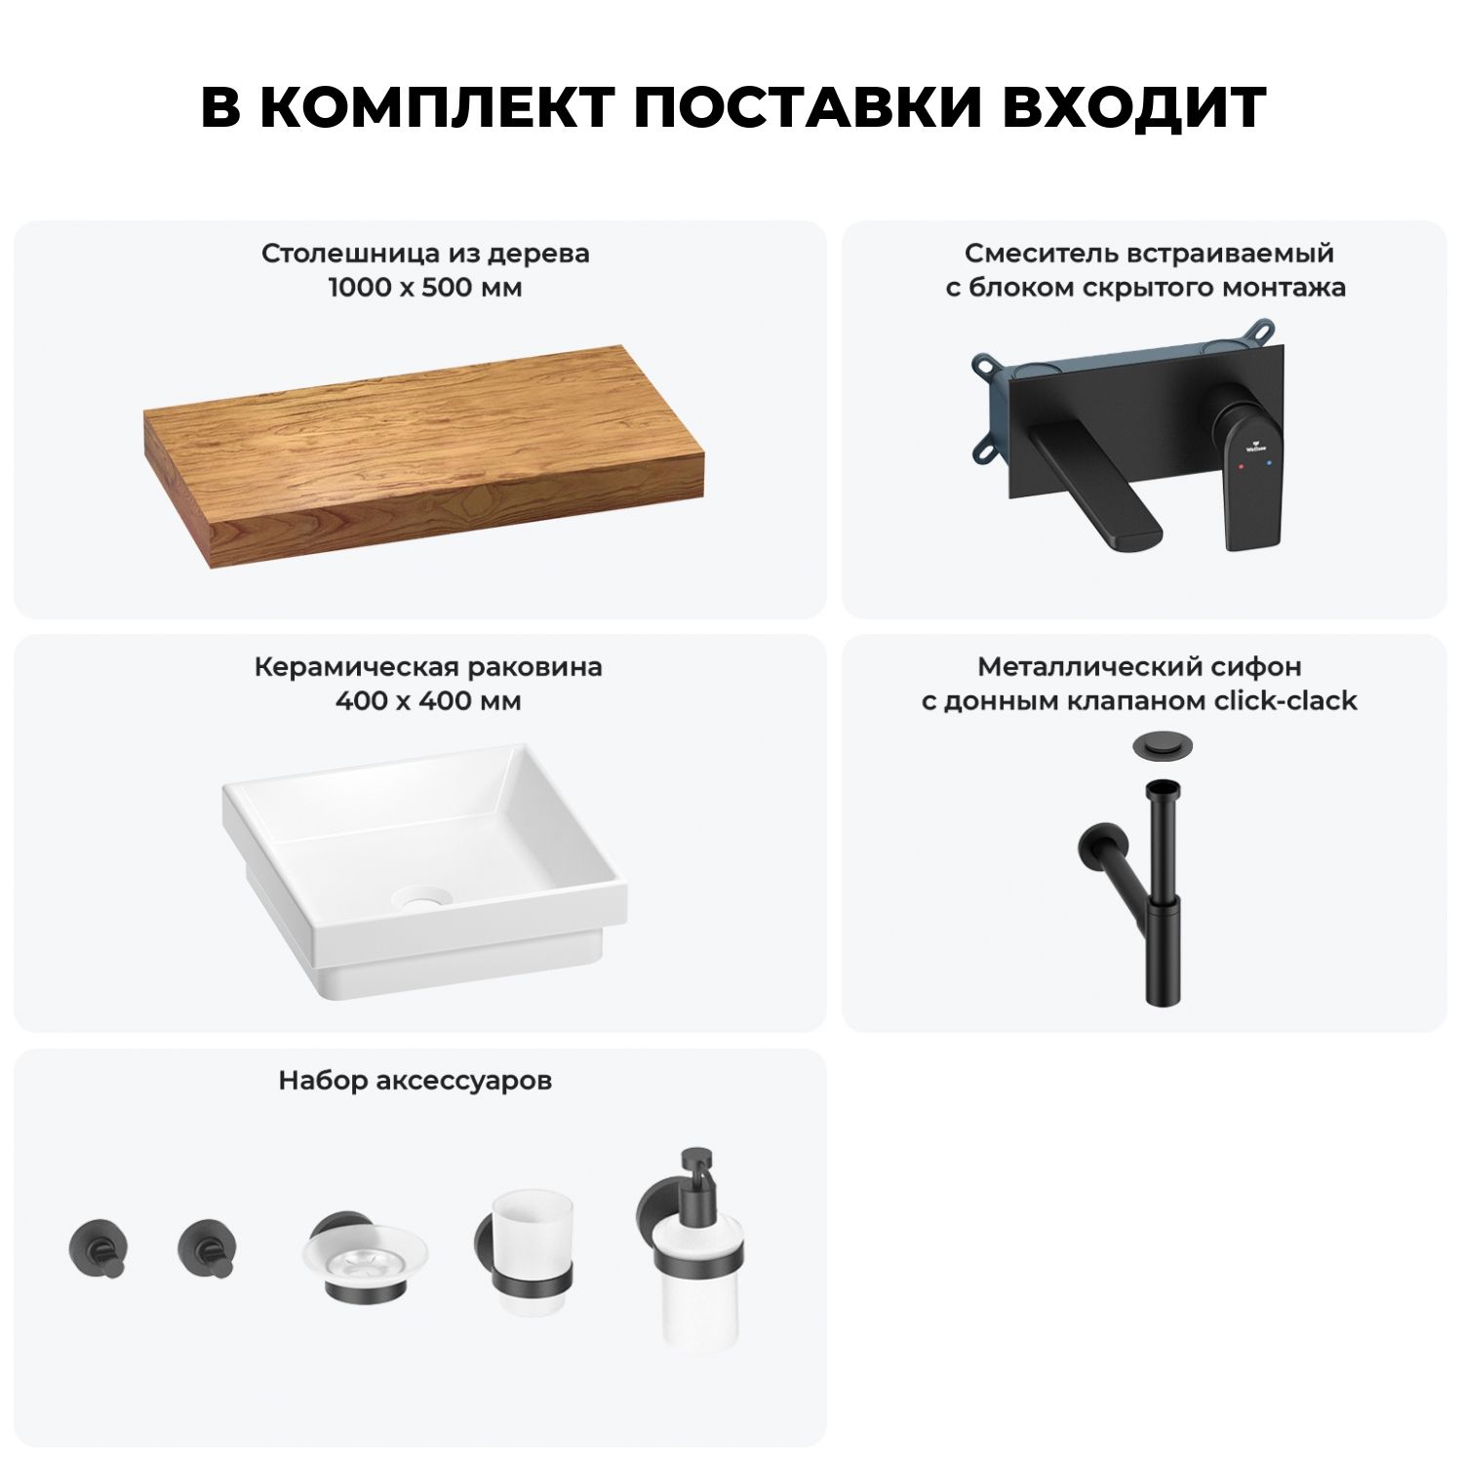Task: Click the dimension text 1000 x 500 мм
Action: [x=425, y=288]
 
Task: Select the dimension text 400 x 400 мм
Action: [x=428, y=701]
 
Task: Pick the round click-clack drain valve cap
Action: [x=1156, y=747]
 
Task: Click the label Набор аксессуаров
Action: [x=415, y=1081]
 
